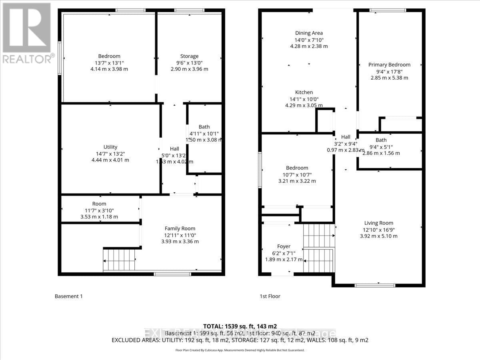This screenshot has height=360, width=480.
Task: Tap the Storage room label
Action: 189,56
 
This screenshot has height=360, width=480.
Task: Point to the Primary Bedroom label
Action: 389,65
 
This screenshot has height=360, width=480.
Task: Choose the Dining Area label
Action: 309,33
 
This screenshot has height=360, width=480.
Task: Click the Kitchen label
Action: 304,92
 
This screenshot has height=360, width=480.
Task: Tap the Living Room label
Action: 378,223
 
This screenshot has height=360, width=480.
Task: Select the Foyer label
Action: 284,246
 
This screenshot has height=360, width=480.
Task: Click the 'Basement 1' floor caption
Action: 68,296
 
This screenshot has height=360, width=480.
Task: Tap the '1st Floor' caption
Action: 270,296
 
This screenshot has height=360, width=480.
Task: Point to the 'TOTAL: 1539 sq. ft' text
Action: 240,326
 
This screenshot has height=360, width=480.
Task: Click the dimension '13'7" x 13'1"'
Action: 109,63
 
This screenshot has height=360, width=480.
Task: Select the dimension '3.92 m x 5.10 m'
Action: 378,236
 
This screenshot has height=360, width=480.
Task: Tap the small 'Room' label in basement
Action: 99,204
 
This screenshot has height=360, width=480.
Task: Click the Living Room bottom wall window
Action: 375,285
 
